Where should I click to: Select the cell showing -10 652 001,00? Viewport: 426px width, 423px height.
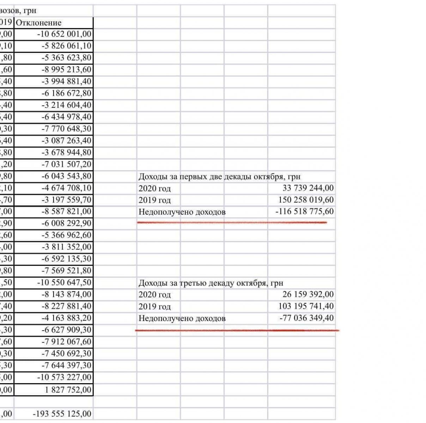pyautogui.click(x=64, y=34)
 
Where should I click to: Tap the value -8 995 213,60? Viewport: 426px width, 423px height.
pyautogui.click(x=66, y=70)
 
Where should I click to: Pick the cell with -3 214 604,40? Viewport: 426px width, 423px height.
pyautogui.click(x=66, y=105)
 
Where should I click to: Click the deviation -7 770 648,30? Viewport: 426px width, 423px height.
pyautogui.click(x=66, y=129)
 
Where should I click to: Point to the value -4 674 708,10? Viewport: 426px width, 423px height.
pyautogui.click(x=66, y=188)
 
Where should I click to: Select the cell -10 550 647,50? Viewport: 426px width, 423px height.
pyautogui.click(x=64, y=283)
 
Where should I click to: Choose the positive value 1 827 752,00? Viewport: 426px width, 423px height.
pyautogui.click(x=69, y=390)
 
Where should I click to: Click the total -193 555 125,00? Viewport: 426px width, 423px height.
pyautogui.click(x=62, y=414)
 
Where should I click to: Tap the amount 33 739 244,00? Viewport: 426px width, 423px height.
pyautogui.click(x=308, y=188)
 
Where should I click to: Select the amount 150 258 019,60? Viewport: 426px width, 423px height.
pyautogui.click(x=306, y=200)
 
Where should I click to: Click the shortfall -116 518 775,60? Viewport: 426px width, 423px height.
pyautogui.click(x=304, y=211)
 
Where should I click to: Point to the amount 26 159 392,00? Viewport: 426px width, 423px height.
pyautogui.click(x=308, y=294)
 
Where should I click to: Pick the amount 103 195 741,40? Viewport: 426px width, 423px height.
pyautogui.click(x=306, y=306)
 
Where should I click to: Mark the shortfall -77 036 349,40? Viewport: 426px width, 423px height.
pyautogui.click(x=306, y=318)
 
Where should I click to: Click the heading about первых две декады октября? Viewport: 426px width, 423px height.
pyautogui.click(x=219, y=177)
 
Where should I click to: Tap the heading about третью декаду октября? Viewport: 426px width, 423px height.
pyautogui.click(x=211, y=283)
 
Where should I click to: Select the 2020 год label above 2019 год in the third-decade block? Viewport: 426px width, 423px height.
pyautogui.click(x=154, y=295)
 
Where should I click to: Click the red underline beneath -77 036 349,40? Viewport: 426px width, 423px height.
pyautogui.click(x=236, y=330)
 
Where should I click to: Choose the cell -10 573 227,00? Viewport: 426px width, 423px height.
pyautogui.click(x=64, y=377)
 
